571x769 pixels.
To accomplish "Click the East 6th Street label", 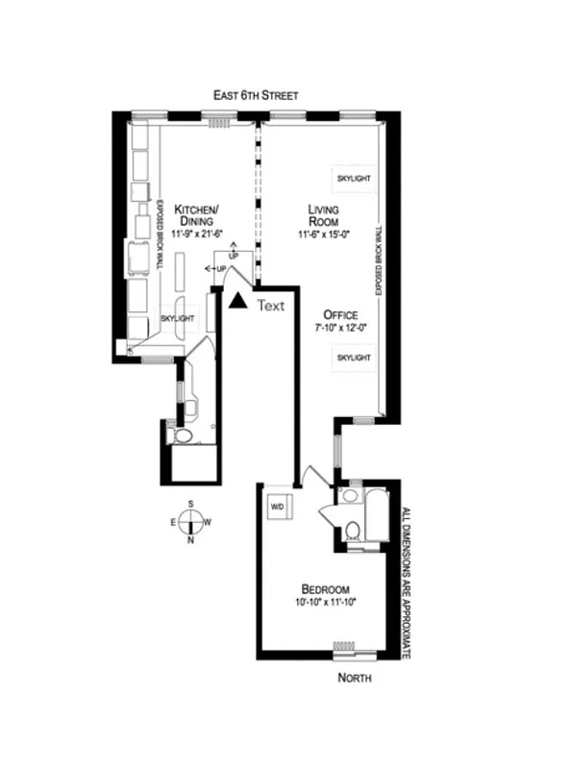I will (257, 95).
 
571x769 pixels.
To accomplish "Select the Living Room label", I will (324, 215).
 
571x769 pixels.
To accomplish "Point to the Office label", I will (340, 315).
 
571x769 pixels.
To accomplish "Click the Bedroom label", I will (325, 589).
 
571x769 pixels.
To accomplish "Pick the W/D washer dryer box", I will (279, 507).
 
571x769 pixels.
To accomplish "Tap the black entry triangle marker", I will (236, 301).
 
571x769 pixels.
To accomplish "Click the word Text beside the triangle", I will (271, 306).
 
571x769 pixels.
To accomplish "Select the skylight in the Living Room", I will (353, 179).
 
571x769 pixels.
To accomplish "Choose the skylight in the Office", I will (353, 357).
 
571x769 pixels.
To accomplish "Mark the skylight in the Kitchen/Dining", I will (178, 318).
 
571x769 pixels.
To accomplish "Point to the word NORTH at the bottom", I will (355, 679).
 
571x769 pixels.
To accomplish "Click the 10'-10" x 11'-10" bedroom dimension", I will (325, 603).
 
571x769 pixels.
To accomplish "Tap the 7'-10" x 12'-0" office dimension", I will (340, 328).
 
